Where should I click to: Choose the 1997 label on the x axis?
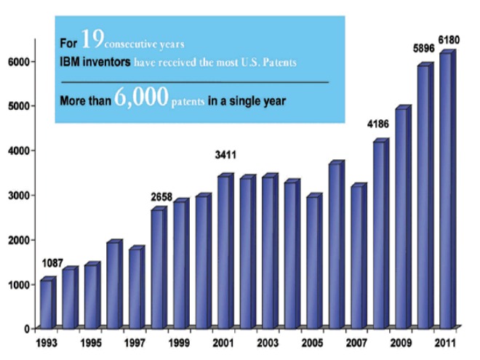click(x=135, y=342)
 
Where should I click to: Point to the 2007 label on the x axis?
click(x=356, y=342)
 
